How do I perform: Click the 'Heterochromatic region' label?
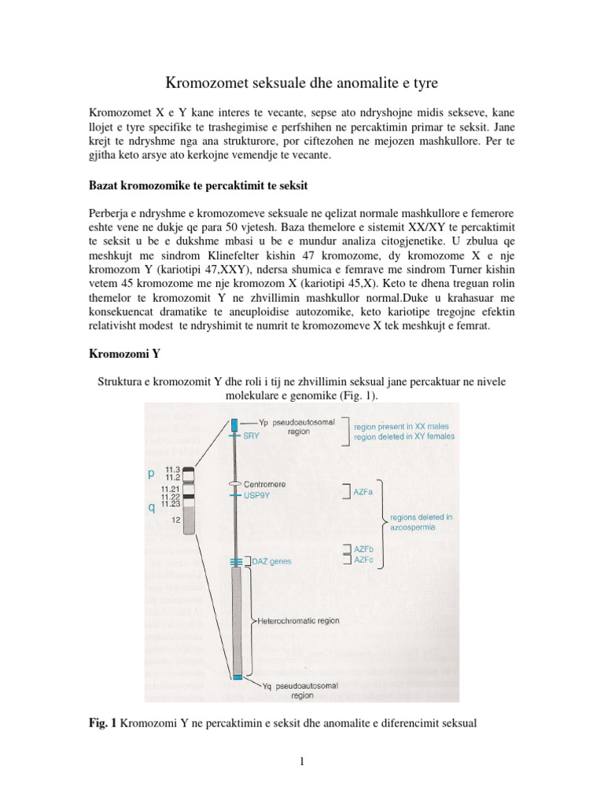click(x=298, y=620)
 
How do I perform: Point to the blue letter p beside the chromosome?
click(x=151, y=474)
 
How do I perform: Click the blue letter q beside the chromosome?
click(x=151, y=508)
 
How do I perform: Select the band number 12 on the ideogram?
click(x=175, y=520)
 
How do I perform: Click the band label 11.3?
click(x=173, y=469)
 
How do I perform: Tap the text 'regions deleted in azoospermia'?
click(x=424, y=522)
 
